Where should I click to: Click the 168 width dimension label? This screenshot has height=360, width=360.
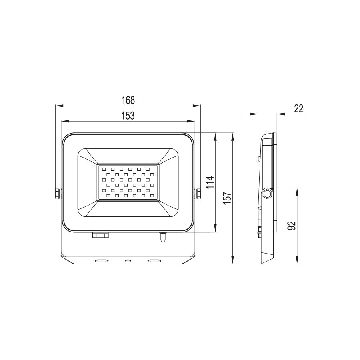coord(128,100)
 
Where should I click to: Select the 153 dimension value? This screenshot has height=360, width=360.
coord(128,116)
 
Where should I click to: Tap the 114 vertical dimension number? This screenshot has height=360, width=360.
coord(211,182)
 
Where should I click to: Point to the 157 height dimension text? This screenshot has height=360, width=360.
coord(227,198)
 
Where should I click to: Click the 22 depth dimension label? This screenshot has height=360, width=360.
coord(298,108)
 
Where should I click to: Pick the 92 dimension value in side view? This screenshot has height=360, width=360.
coord(292,226)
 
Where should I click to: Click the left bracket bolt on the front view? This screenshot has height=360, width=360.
coord(58,194)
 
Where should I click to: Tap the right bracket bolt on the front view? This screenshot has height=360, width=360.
coord(198,194)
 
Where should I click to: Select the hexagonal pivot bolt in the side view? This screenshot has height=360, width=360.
coord(267,194)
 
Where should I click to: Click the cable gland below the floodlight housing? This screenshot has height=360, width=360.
coord(100,235)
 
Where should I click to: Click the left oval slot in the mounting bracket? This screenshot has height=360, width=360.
coord(101,261)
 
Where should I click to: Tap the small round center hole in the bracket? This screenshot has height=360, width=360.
coord(128,261)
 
